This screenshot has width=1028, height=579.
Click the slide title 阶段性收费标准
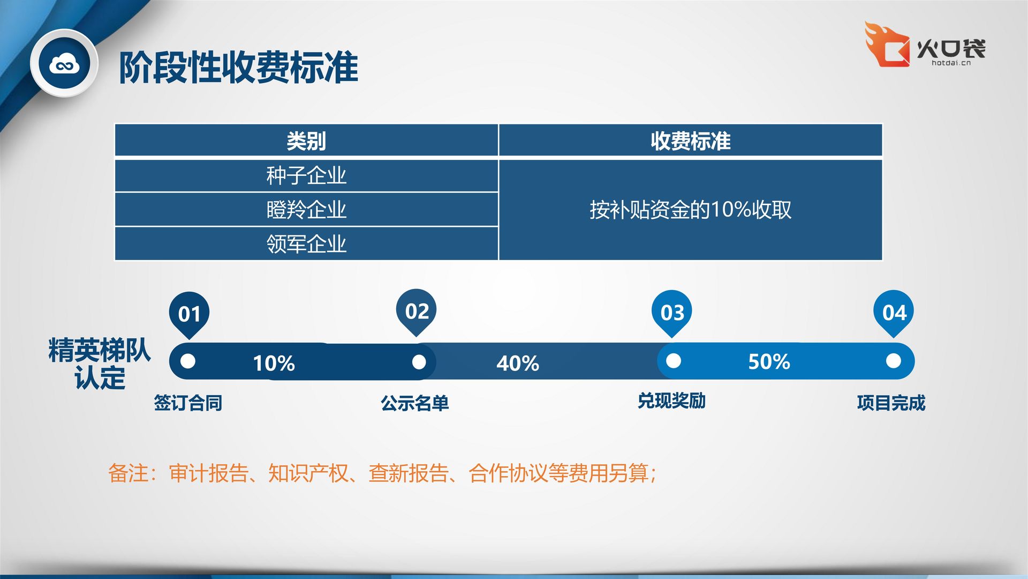coord(238,68)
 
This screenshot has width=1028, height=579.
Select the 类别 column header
coord(306,141)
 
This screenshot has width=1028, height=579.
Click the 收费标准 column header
coord(691,141)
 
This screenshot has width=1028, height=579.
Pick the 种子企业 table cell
coord(306,176)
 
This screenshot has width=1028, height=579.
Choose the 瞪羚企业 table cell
coord(306,210)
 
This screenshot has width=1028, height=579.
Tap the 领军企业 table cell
coord(306,244)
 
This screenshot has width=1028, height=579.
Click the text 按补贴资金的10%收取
coord(691,210)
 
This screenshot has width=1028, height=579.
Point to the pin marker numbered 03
coord(672,313)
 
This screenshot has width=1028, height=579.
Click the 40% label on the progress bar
coord(518,363)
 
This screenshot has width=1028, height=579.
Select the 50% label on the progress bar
coord(769,362)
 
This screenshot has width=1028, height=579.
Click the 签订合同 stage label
coord(188,403)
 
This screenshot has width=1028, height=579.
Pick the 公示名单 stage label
coord(415,403)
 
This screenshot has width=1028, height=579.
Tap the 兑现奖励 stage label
coord(671,401)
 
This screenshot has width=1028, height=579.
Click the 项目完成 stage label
coord(891,403)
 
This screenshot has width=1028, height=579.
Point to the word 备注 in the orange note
coord(128,473)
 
